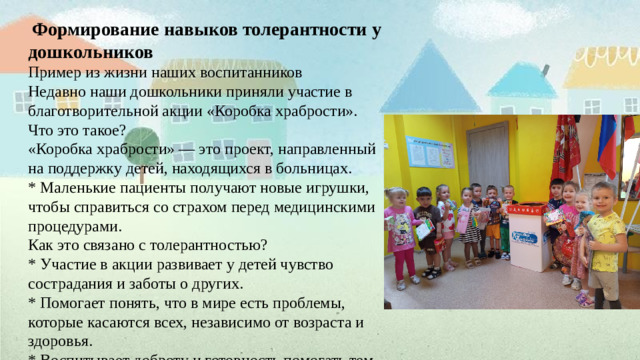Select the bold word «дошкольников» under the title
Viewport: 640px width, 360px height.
click(x=91, y=50)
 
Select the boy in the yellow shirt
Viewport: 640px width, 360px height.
click(x=603, y=240)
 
